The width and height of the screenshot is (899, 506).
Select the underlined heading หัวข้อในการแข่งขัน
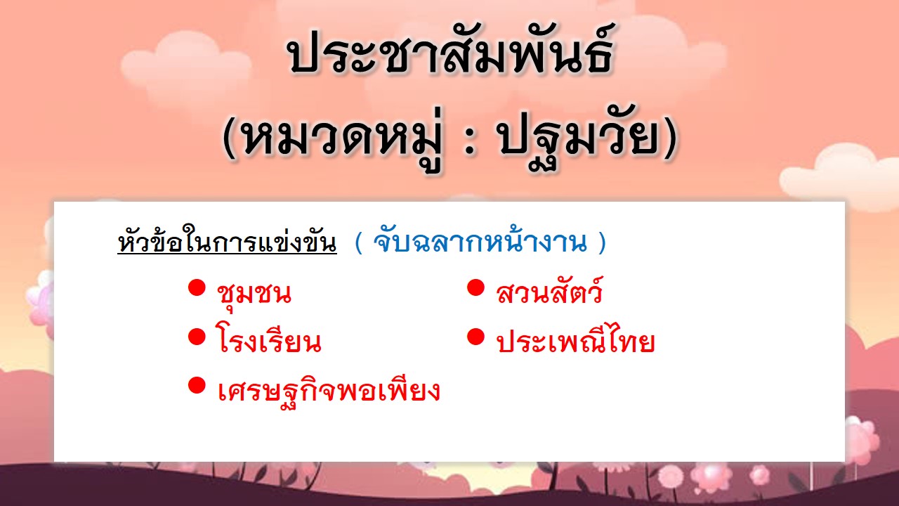pos(227,241)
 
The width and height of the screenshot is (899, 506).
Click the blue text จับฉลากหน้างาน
pos(480,241)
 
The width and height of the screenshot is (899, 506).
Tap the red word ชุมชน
pos(254,294)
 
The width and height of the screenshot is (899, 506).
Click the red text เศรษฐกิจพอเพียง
pos(329,389)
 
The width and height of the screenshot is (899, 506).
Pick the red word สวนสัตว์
pos(549,290)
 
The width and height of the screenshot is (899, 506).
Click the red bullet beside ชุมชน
pos(197,288)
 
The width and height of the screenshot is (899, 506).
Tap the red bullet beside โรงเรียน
pos(197,337)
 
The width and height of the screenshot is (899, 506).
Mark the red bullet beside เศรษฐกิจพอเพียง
pos(197,385)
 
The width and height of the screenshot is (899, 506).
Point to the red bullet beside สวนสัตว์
pos(475,288)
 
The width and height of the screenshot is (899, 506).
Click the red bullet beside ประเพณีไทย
pos(475,337)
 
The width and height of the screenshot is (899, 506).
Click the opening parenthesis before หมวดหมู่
pos(229,138)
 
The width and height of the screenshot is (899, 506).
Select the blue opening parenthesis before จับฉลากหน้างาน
pos(358,242)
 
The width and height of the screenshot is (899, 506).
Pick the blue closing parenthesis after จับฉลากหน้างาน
pos(602,242)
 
